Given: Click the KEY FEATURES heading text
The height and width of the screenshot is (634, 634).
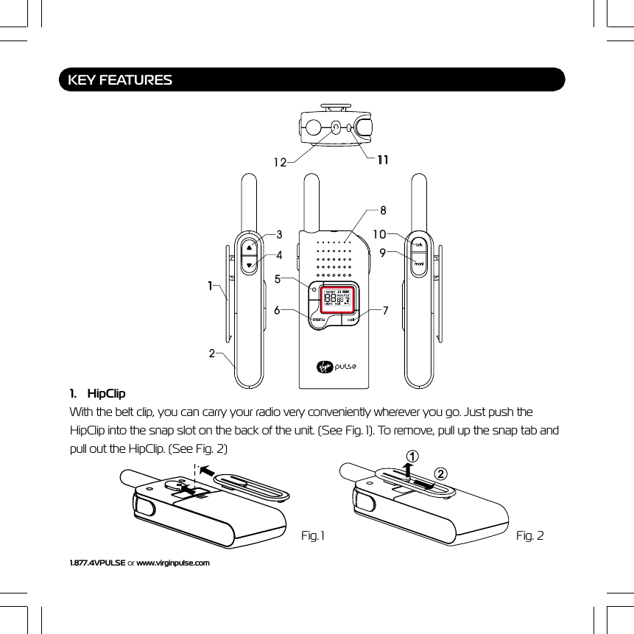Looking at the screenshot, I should [x=120, y=80].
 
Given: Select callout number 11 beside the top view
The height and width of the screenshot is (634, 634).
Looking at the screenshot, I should [x=383, y=160].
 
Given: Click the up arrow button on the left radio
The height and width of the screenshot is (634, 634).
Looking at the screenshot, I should [x=250, y=247].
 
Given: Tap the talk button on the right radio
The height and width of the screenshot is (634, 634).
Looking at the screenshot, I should [x=418, y=245].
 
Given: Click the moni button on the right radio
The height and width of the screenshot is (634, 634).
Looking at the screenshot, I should [x=418, y=264].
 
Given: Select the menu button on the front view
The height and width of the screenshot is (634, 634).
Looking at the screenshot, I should [x=319, y=320].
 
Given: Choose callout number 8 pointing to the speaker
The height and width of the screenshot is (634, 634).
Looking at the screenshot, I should [x=383, y=210].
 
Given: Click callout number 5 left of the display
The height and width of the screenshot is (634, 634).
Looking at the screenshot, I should [x=278, y=279].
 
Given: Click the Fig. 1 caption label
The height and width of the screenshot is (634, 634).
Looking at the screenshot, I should [x=313, y=535].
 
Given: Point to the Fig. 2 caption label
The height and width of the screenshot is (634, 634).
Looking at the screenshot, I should [x=529, y=535].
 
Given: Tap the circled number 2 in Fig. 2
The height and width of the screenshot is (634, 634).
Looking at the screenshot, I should [x=440, y=472].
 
